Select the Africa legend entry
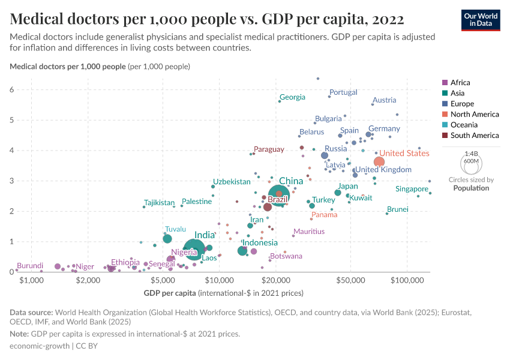tap(460, 83)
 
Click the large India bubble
tap(194, 248)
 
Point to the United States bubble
tap(379, 162)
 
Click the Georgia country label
tap(292, 97)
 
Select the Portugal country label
tap(343, 92)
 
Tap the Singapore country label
tap(412, 189)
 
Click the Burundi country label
tap(29, 266)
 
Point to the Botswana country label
tap(286, 256)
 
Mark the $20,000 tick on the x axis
tap(276, 280)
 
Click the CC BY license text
tap(88, 346)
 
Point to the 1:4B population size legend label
tap(471, 154)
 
